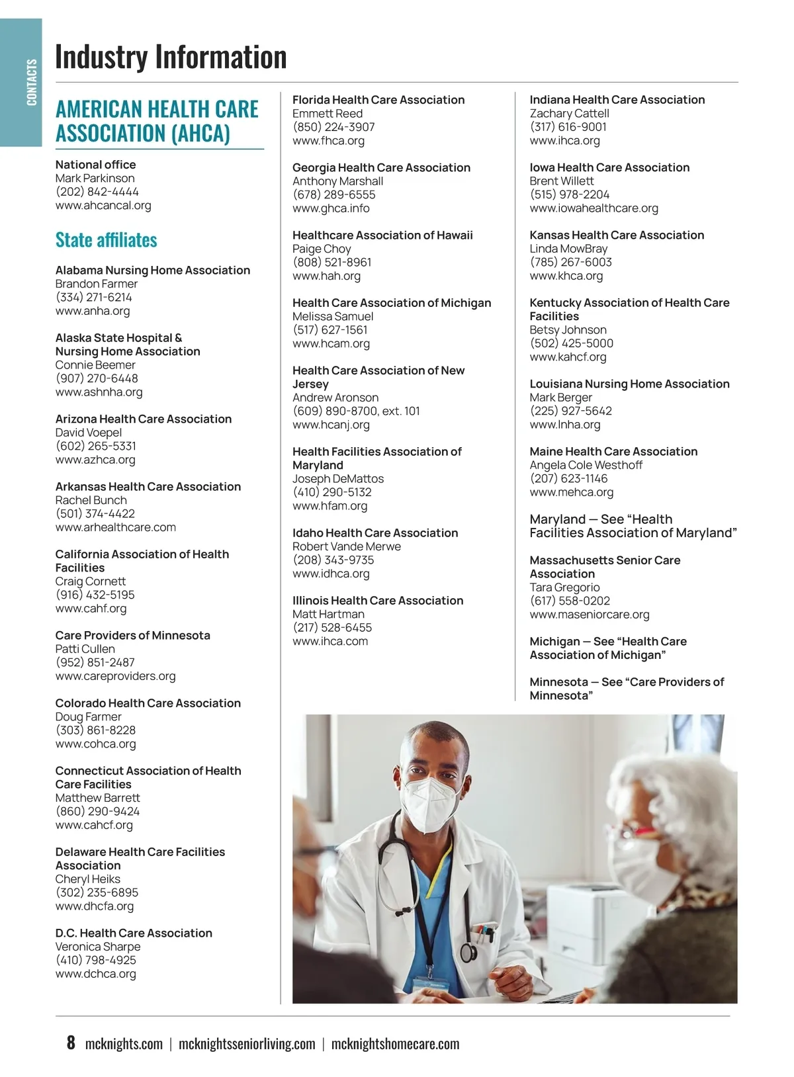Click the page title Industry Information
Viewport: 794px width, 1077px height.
point(171,57)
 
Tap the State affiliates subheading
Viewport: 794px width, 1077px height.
point(106,239)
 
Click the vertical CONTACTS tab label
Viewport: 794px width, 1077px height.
point(31,82)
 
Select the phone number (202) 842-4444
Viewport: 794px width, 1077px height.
point(97,192)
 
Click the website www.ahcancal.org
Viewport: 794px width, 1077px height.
point(103,206)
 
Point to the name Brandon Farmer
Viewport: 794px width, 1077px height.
point(97,284)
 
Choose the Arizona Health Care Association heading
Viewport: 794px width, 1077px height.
point(144,419)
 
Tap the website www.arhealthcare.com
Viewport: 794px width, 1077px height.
point(116,527)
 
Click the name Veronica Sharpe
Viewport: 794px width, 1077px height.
point(98,947)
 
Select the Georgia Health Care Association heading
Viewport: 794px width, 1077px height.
point(381,167)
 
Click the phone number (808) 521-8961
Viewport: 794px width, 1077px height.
point(332,262)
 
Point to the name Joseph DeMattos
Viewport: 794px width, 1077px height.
point(338,478)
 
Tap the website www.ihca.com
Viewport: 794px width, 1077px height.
point(330,641)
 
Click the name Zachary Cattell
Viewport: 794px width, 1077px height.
point(569,113)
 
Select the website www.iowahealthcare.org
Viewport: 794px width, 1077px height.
point(594,208)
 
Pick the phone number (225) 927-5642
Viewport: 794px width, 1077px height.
point(570,411)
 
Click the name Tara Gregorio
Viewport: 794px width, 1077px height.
point(564,587)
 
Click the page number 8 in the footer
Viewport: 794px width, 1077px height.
point(71,1043)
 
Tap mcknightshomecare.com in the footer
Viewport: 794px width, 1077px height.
point(395,1044)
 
